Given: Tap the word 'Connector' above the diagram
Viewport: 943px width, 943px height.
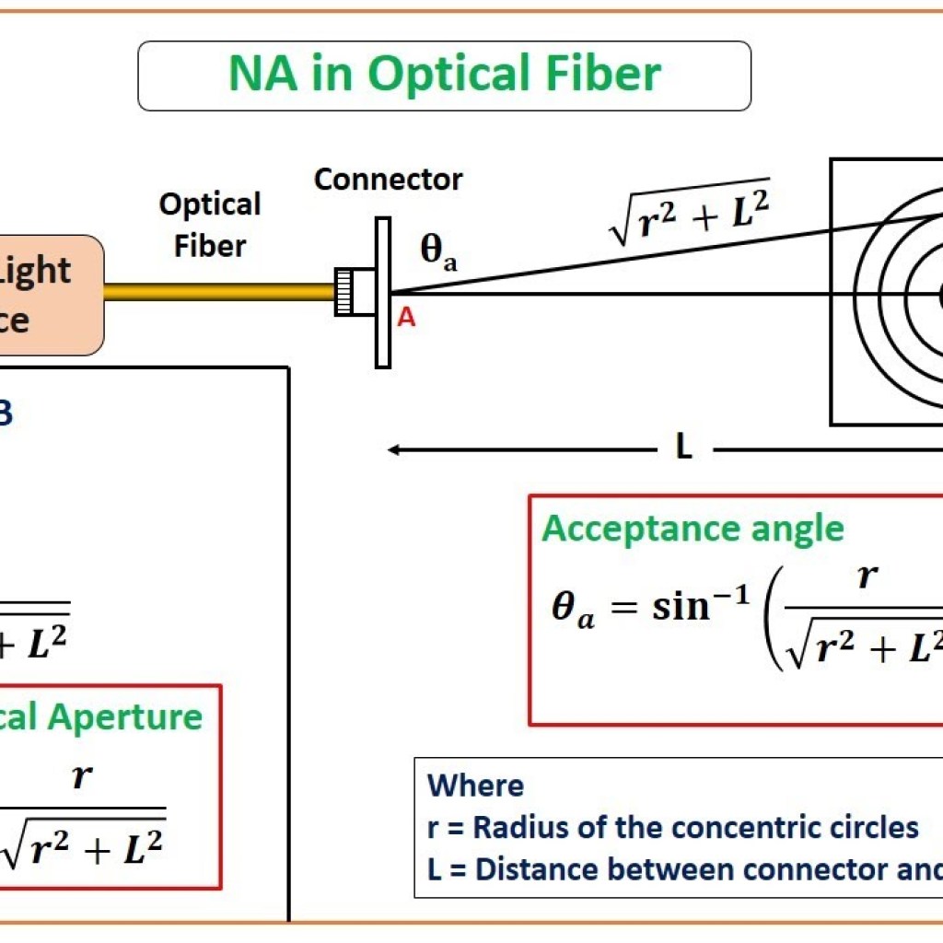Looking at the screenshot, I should click(x=388, y=179).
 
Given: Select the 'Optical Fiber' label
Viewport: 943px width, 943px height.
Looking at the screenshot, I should click(x=211, y=225).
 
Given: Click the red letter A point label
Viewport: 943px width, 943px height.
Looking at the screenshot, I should click(x=406, y=319).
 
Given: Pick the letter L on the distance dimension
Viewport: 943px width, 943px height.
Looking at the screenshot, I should click(x=682, y=449).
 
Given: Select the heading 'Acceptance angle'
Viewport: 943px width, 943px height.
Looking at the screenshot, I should click(x=693, y=529).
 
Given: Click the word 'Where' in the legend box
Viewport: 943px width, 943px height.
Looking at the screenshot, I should click(x=475, y=786).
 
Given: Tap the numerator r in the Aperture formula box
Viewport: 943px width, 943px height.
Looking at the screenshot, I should click(x=81, y=775).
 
